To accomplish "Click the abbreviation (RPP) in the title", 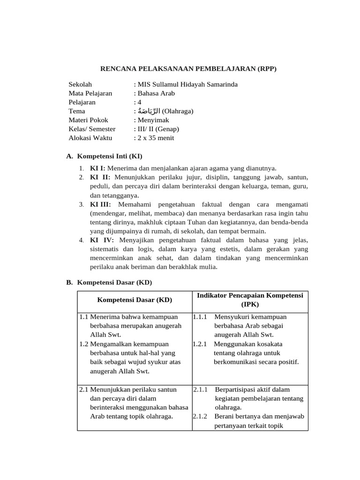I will pyautogui.click(x=266, y=69).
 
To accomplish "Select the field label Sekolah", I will pyautogui.click(x=80, y=84).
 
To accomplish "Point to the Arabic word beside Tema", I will pyautogui.click(x=148, y=111).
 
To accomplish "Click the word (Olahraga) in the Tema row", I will pyautogui.click(x=177, y=111).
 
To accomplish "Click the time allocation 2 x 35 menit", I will pyautogui.click(x=155, y=138).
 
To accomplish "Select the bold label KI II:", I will pyautogui.click(x=100, y=177).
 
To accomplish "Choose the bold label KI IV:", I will pyautogui.click(x=101, y=240).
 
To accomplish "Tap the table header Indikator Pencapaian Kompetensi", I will pyautogui.click(x=250, y=295).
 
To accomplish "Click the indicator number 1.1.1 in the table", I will pyautogui.click(x=200, y=317).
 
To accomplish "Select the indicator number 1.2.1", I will pyautogui.click(x=200, y=344).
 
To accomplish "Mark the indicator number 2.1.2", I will pyautogui.click(x=200, y=416).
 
